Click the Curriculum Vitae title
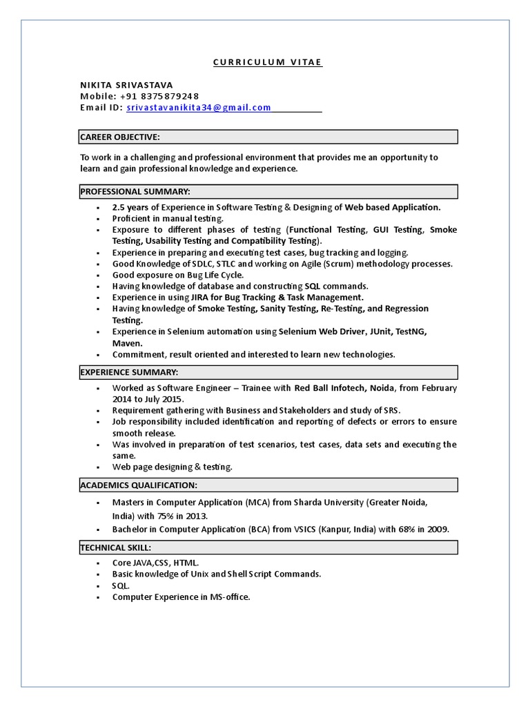(x=267, y=62)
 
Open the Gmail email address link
(x=199, y=108)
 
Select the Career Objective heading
(x=120, y=137)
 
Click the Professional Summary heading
(x=135, y=191)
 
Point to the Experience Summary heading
(x=129, y=372)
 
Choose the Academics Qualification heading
(x=139, y=485)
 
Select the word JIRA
(x=201, y=298)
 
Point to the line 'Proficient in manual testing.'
(x=168, y=218)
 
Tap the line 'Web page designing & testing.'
(x=172, y=467)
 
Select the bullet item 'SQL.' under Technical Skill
(x=121, y=585)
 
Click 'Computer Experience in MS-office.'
(x=181, y=597)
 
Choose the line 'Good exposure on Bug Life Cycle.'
(x=178, y=275)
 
